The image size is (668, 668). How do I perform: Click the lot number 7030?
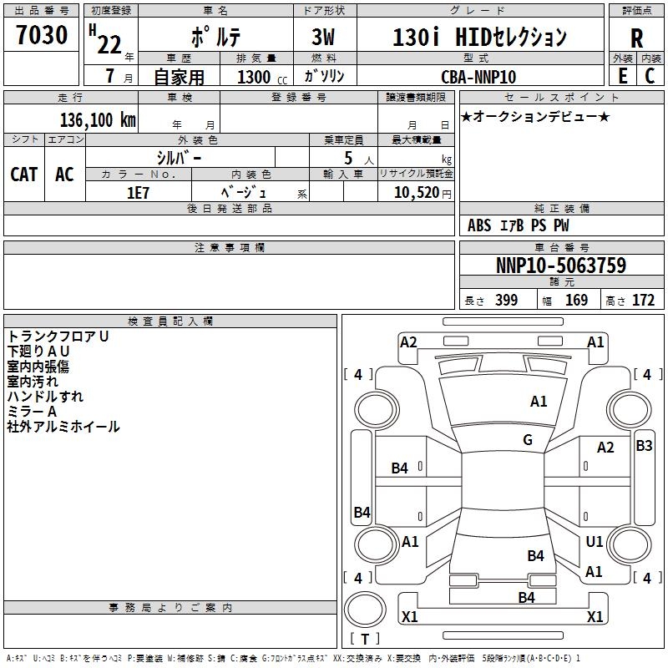coord(42,36)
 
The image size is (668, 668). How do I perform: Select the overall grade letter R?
coord(636,38)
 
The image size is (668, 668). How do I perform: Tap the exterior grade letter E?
coord(622,75)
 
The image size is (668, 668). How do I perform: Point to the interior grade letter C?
coord(650,75)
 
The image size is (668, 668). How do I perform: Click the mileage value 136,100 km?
coord(97,120)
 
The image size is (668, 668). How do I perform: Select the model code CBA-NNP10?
coord(478,77)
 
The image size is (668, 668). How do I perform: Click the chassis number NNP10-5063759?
coord(560,266)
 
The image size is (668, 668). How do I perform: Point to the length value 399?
coord(506,301)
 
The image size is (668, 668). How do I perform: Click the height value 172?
coord(643,301)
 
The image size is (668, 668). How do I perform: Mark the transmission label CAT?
coord(24,175)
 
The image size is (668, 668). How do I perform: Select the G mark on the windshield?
coord(528,440)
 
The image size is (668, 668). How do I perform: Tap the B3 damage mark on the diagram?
coord(644,446)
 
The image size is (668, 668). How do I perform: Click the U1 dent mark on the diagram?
coord(595,542)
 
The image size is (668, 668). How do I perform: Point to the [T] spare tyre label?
coord(364,640)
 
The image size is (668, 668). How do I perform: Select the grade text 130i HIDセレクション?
coord(479,38)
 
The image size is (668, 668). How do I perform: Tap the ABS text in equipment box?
coord(479,225)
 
